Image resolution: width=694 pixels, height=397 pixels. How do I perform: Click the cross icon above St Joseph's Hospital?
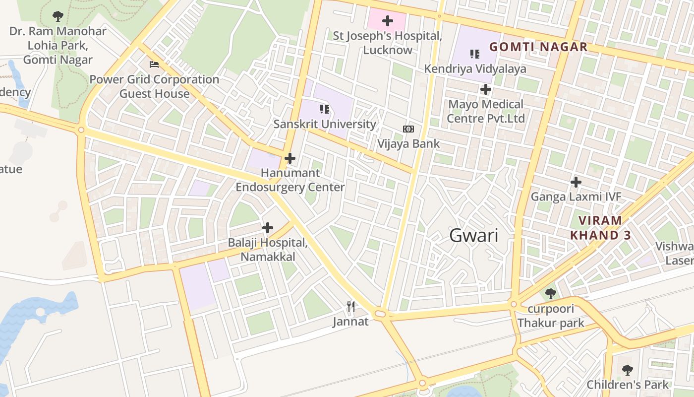tap(388, 21)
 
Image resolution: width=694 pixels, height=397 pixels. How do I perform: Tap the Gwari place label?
tap(473, 235)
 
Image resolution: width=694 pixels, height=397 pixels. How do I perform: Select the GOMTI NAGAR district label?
tap(538, 47)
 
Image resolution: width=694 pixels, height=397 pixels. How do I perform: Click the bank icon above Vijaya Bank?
tap(408, 129)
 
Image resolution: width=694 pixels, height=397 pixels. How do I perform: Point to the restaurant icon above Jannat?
tap(351, 307)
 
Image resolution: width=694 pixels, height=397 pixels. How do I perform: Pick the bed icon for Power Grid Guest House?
tap(154, 65)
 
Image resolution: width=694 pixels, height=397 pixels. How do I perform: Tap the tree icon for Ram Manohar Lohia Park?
tap(58, 16)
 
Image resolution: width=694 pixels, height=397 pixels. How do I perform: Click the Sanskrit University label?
tap(325, 124)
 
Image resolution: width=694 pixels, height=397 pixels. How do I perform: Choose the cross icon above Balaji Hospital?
tap(268, 228)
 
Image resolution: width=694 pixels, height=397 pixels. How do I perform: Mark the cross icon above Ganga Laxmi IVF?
tap(576, 182)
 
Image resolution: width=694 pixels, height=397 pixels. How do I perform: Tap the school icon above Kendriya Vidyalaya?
tap(475, 54)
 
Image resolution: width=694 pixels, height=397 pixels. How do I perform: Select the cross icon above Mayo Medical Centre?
tap(486, 89)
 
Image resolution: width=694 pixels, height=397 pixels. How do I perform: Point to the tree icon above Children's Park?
tap(628, 370)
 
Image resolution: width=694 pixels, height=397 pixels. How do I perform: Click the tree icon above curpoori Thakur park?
tap(550, 294)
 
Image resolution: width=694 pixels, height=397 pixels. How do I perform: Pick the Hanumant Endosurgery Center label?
tap(290, 180)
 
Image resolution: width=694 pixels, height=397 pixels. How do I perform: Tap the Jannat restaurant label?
tap(350, 322)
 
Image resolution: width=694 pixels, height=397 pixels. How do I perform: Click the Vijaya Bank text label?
tap(408, 144)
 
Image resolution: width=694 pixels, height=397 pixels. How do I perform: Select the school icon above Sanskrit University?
tap(325, 109)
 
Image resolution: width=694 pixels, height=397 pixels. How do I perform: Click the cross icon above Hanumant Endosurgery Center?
tap(290, 159)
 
